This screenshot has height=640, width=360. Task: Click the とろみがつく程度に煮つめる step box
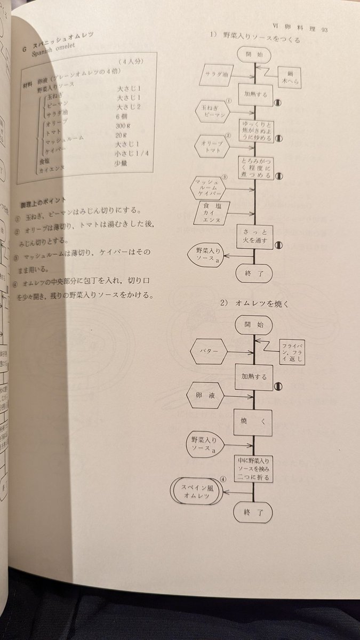click(x=256, y=167)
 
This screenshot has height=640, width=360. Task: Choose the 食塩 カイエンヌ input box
click(x=214, y=213)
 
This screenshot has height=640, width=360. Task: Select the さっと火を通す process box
click(x=255, y=236)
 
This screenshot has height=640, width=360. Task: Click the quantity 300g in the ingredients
click(x=126, y=126)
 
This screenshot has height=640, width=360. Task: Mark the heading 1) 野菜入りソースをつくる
click(x=254, y=39)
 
